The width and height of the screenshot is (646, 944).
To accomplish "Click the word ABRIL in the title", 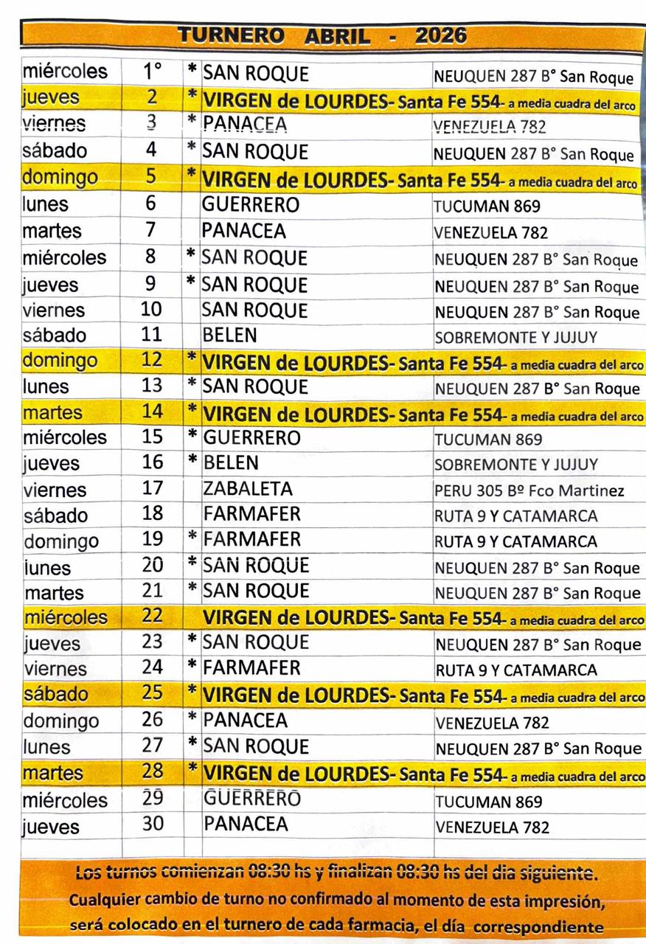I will point(338,35).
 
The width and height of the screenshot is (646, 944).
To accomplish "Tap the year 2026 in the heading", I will point(441,35).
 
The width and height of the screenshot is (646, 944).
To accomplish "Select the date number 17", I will point(152,488).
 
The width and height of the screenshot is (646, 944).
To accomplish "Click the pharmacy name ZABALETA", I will point(248,488).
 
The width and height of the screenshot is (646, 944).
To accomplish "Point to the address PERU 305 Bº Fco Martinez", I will point(529,490).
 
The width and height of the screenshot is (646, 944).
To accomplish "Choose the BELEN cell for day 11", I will point(230,335).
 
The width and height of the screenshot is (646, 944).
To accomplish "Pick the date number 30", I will point(153,824).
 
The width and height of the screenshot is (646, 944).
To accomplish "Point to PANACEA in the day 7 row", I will point(244,231).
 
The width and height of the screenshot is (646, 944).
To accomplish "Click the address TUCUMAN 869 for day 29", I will point(489,802).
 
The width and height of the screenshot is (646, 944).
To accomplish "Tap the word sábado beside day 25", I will point(55,694).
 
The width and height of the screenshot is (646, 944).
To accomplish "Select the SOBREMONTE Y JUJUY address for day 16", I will point(516,465).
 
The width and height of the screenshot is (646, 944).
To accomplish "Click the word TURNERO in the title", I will point(232,35).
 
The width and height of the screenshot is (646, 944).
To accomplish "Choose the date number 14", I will point(152,412).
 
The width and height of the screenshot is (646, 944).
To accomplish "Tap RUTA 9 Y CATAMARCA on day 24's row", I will point(516,670).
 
